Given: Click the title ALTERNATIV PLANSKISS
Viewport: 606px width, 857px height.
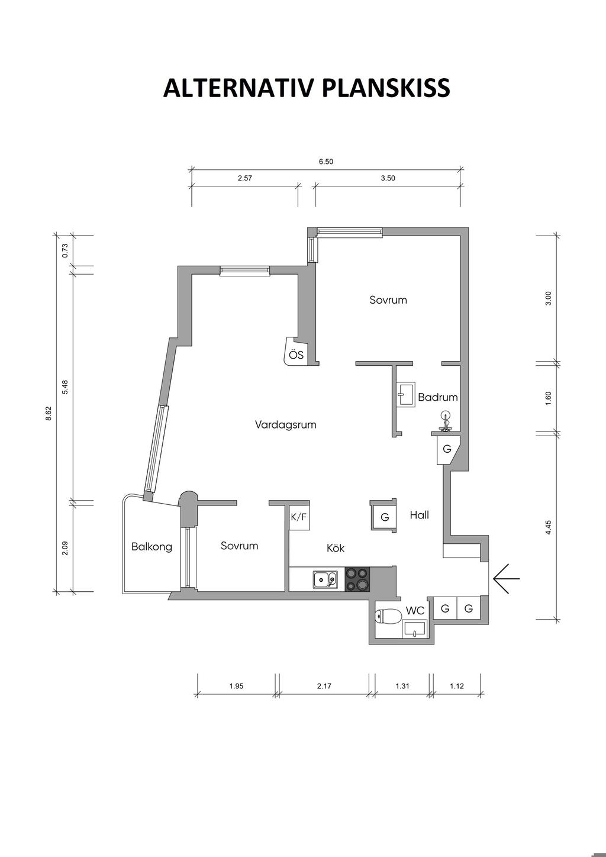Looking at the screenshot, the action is (307, 88).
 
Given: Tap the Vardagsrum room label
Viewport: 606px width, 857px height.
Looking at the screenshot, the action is (286, 425).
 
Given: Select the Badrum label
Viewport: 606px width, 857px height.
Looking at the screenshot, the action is (438, 397).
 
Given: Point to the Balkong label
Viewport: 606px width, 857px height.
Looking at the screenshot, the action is (151, 547).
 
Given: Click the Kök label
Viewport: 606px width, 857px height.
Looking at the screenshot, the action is (336, 548).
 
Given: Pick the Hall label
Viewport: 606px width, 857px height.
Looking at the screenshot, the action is (420, 515).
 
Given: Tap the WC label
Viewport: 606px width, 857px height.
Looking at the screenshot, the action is (415, 611).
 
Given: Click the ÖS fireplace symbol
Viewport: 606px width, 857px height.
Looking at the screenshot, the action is (295, 351).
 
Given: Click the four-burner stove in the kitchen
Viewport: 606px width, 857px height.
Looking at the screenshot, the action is (357, 579).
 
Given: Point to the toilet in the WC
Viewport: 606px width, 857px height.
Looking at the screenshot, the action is (388, 616).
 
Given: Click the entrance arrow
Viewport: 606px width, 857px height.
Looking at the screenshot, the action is (507, 578).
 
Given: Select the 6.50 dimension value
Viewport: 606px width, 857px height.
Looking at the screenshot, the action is (326, 162).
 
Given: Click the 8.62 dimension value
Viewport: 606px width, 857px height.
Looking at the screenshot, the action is (48, 414).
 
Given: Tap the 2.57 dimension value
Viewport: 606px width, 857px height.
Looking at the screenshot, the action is (245, 178).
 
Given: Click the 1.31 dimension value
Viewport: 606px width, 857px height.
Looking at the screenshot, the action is (402, 686).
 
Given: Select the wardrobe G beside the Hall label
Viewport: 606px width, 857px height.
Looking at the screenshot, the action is (383, 516).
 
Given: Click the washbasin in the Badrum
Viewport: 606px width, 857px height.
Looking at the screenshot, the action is (406, 394).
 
